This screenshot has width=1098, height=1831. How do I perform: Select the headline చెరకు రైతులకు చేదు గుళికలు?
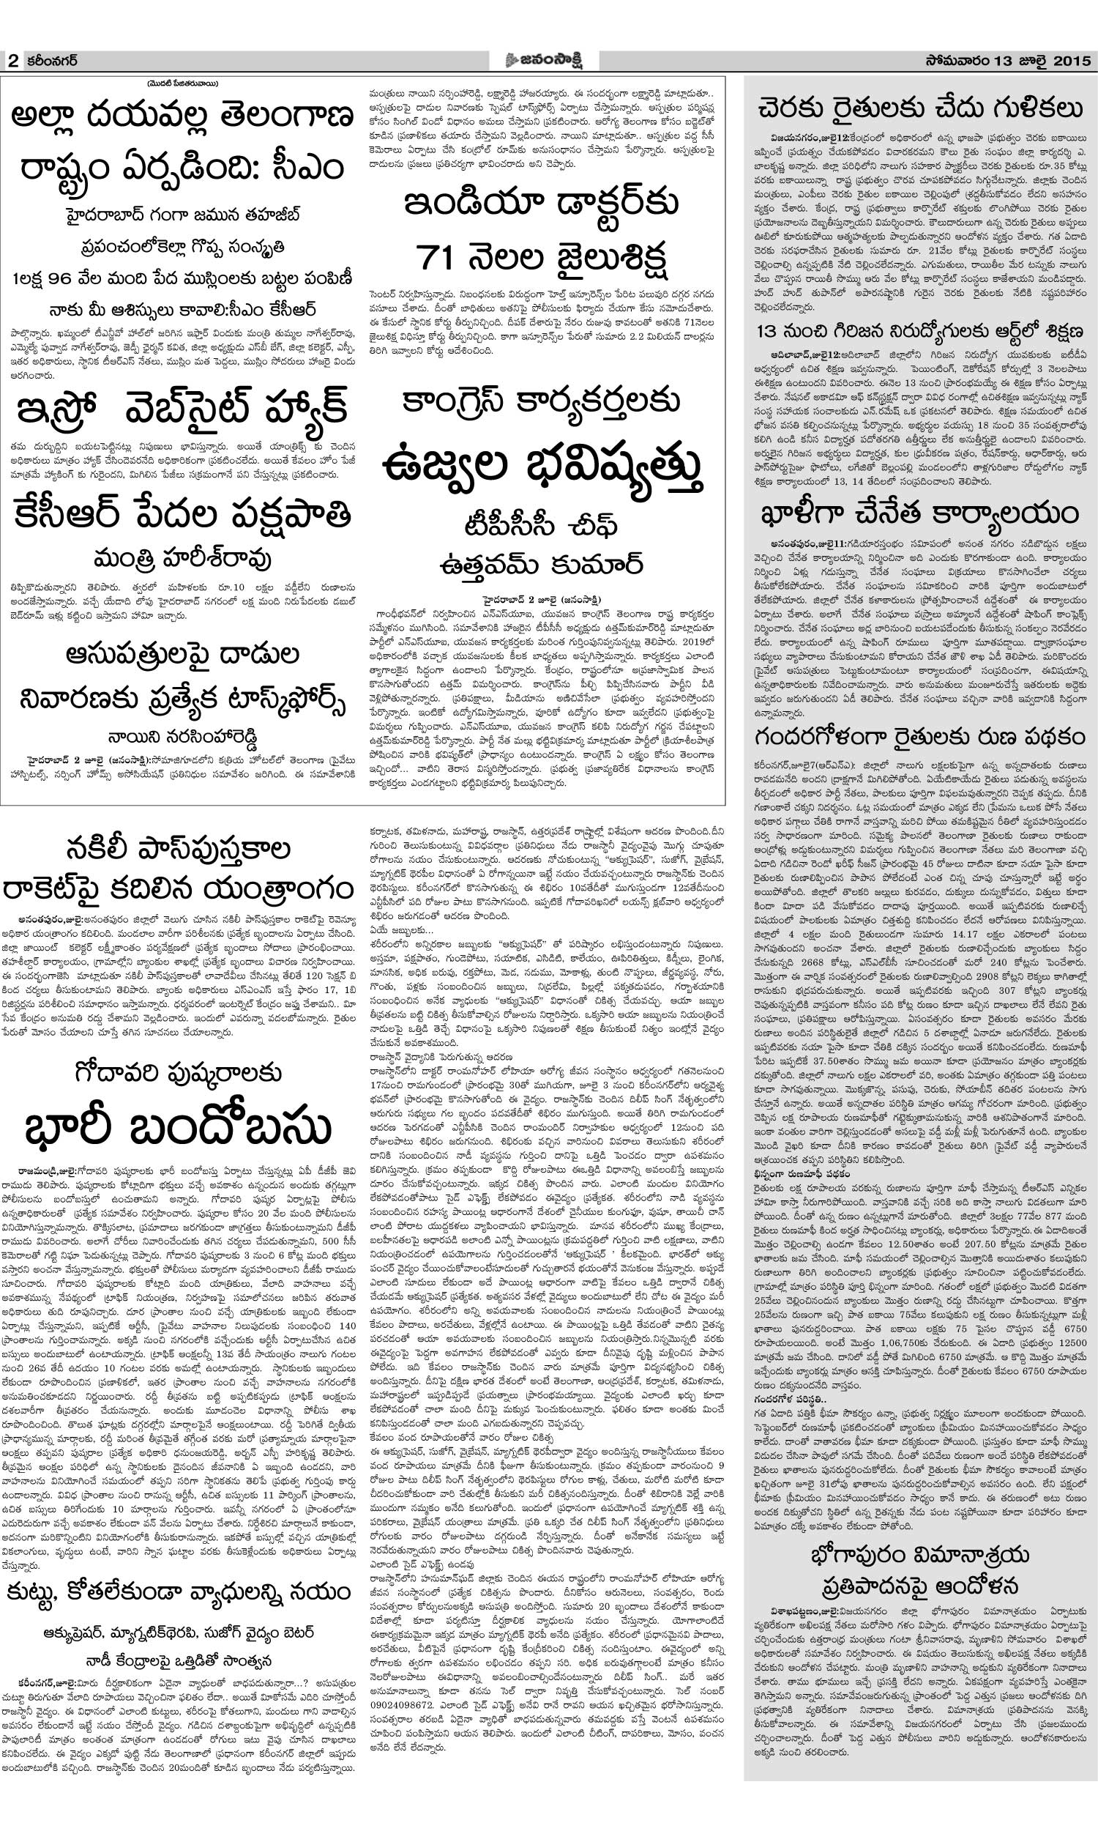919,110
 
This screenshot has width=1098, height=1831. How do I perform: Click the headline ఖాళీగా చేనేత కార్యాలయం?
919,513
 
